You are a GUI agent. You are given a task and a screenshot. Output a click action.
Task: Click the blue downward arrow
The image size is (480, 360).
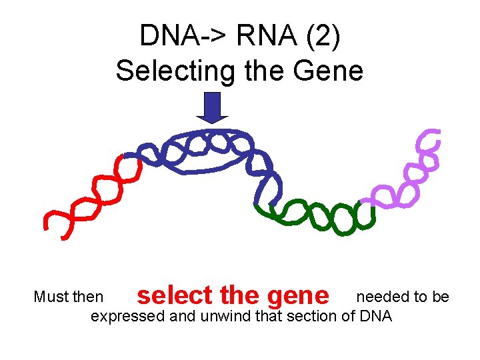[x=212, y=107]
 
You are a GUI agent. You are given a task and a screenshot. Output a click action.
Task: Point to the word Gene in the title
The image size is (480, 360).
[x=328, y=69]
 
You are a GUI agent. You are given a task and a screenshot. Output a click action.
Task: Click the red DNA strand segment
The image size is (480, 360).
[x=93, y=193]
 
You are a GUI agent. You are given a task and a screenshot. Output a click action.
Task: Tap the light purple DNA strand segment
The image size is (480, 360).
[x=413, y=173]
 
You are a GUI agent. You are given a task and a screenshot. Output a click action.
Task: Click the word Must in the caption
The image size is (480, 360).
[x=49, y=297]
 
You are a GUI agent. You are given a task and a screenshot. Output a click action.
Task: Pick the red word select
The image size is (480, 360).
[x=174, y=295]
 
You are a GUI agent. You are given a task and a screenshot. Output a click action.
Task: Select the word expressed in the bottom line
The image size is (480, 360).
[x=127, y=315]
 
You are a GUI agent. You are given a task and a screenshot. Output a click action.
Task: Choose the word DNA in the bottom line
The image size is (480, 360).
[x=377, y=315]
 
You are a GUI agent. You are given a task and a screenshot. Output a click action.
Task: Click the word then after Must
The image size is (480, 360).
[x=87, y=297]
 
